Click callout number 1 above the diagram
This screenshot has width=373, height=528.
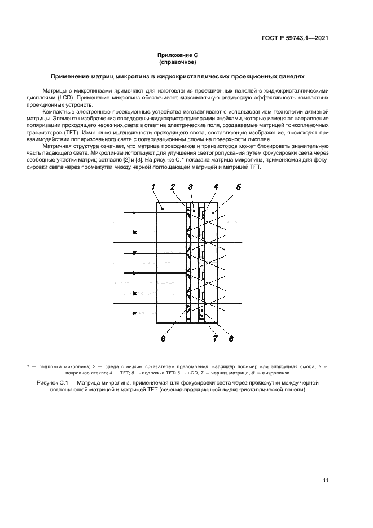tap(153, 186)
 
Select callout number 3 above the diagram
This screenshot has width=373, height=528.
tap(191, 186)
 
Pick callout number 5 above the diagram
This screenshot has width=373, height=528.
tap(239, 186)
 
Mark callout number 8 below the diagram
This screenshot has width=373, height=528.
tap(163, 339)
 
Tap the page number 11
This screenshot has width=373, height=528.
tap(326, 481)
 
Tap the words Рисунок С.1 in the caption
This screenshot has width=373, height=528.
tap(53, 383)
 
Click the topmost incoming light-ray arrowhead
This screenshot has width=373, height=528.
tap(134, 213)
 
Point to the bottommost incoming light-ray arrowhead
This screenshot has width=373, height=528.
tap(134, 304)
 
